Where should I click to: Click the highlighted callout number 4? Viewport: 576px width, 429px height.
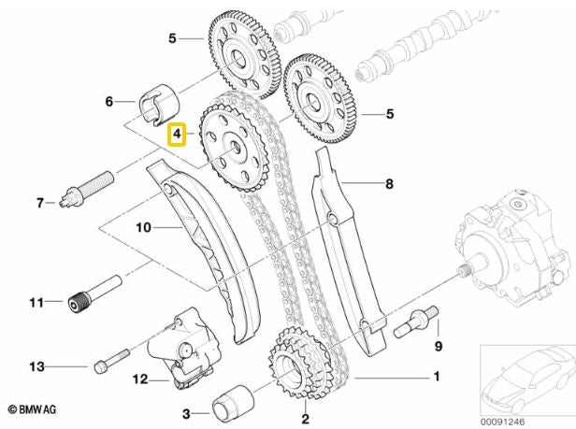coord(176,136)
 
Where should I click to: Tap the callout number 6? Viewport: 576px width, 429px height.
coord(108,101)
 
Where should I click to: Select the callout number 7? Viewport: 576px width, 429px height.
coord(39,201)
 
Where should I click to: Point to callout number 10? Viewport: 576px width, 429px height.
coord(143,226)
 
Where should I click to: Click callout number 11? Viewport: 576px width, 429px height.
coord(37,302)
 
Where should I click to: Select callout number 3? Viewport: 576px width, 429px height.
coord(187,411)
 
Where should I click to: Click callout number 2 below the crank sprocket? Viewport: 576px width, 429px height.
coord(305,420)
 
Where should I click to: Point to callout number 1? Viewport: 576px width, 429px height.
coord(433,378)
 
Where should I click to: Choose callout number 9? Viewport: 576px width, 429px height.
coord(436,347)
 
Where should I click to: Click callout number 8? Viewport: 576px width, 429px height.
coord(389,184)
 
